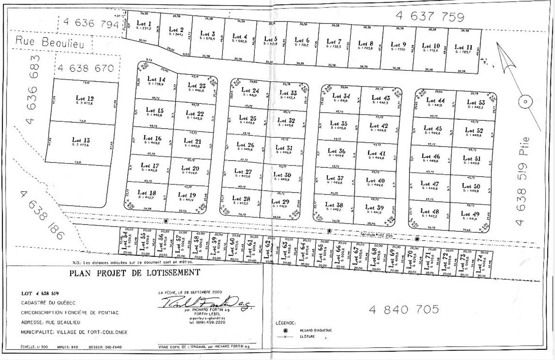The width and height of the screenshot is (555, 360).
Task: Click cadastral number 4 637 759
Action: point(430,17)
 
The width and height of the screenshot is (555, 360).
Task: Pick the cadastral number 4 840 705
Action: point(403,309)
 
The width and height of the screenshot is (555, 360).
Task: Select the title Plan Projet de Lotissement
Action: point(135,273)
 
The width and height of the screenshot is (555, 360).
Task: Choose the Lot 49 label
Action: point(470,214)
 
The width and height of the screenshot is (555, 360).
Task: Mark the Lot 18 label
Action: point(147,192)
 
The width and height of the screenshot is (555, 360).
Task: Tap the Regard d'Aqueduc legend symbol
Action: point(285,330)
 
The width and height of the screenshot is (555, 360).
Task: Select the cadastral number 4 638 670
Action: point(86,68)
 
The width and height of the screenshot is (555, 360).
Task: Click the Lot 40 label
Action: point(375,180)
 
